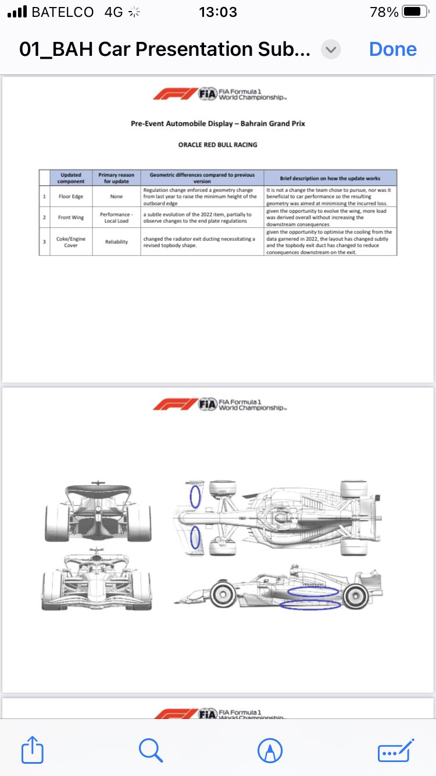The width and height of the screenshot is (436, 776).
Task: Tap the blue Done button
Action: click(393, 49)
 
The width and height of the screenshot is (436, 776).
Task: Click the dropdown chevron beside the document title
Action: click(331, 49)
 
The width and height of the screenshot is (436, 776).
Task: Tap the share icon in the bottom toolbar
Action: click(33, 750)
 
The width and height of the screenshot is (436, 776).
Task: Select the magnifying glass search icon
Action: click(151, 750)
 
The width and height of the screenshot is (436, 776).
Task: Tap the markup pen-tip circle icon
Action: click(270, 750)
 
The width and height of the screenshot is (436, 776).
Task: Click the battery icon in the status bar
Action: click(414, 12)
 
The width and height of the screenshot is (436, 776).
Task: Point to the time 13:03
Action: click(217, 12)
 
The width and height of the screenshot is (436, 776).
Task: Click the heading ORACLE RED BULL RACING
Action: click(217, 145)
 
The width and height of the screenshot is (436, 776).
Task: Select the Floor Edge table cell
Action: click(71, 197)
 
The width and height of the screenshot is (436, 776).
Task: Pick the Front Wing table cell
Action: click(71, 218)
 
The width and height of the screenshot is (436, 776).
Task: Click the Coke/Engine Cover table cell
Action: click(71, 241)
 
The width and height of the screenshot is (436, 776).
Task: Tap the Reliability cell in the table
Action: click(116, 241)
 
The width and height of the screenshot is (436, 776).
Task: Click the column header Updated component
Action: click(71, 178)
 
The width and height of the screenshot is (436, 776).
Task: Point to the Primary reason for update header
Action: click(116, 178)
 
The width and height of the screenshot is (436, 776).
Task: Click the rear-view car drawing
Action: click(98, 512)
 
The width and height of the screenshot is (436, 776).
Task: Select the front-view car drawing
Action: click(97, 582)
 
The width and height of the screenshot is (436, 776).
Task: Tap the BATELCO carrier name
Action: click(63, 12)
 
